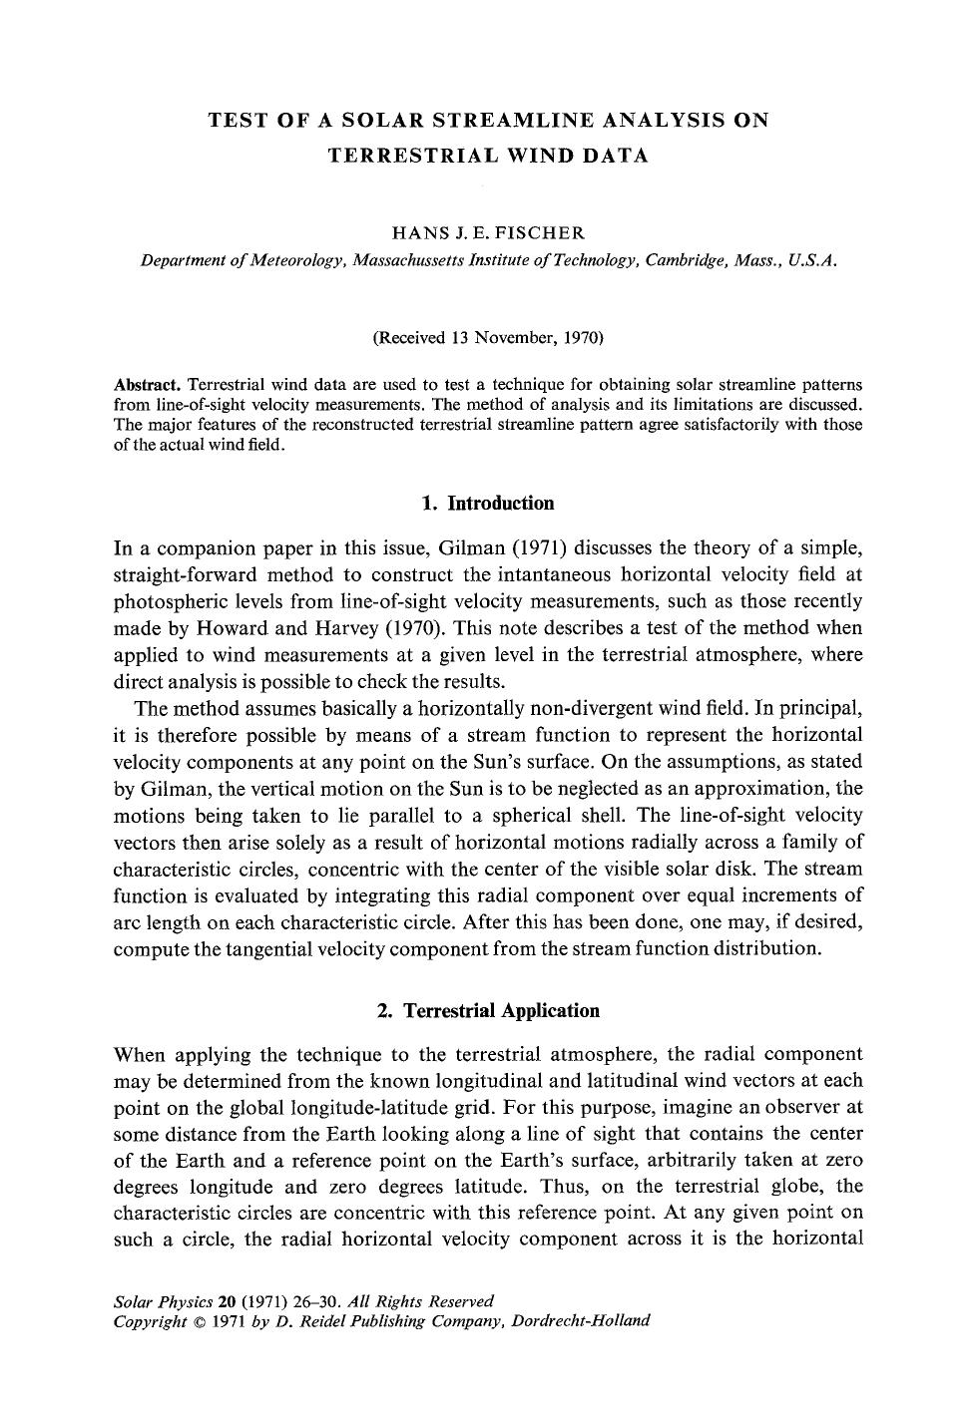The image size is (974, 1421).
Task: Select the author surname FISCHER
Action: pyautogui.click(x=542, y=233)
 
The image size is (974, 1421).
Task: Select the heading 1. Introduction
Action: pyautogui.click(x=487, y=503)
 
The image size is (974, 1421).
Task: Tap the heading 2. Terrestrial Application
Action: pyautogui.click(x=488, y=1010)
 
